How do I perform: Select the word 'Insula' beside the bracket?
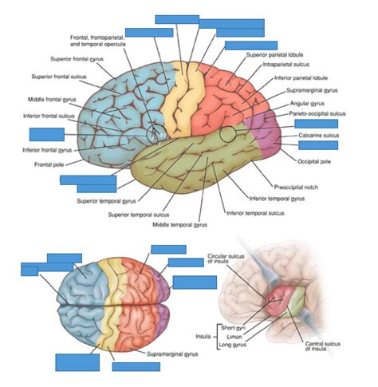pyautogui.click(x=203, y=337)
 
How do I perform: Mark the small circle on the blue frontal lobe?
pyautogui.click(x=156, y=129)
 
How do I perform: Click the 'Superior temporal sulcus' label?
pyautogui.click(x=140, y=215)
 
